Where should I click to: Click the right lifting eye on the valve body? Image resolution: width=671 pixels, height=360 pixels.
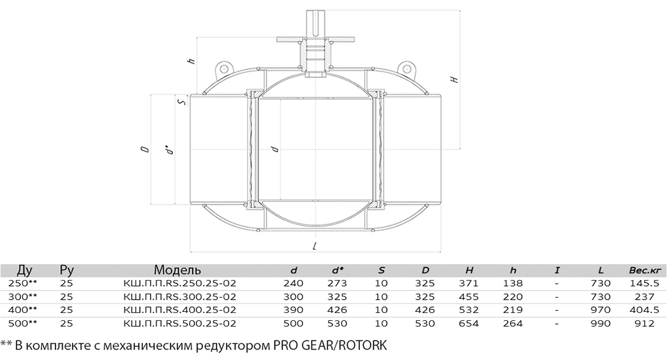pos(406,68)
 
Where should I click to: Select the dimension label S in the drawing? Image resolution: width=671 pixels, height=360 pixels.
pos(181,103)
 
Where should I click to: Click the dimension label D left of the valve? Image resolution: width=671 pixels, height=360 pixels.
pos(146,149)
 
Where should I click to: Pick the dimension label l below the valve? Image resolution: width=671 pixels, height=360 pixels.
pos(315,246)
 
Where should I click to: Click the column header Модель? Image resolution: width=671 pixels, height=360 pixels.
pos(177,270)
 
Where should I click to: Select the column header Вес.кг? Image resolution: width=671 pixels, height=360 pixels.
pos(645,270)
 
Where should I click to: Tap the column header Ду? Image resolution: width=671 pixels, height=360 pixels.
pos(25,270)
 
